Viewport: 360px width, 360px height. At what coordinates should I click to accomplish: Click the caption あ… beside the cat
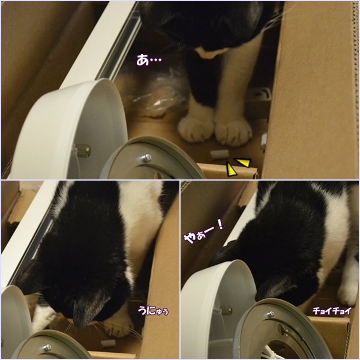coord(149,60)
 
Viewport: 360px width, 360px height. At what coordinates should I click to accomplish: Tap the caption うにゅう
coord(153,310)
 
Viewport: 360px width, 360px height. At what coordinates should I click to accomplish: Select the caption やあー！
coord(203,231)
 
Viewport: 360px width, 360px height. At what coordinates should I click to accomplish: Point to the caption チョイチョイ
coord(332,311)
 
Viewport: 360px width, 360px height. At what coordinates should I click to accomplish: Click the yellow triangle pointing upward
coord(230,169)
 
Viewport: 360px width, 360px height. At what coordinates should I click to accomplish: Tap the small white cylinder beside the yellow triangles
coord(220,154)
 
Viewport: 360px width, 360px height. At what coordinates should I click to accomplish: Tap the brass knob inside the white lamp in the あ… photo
coord(83,151)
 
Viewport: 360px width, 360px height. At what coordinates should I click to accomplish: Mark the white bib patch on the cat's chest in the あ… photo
coord(211,52)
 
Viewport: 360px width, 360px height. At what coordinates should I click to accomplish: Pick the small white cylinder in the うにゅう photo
coord(108,343)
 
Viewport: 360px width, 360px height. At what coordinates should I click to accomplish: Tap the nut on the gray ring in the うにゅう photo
coord(47,347)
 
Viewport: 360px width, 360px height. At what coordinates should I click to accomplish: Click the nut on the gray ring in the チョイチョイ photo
coord(271,314)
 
